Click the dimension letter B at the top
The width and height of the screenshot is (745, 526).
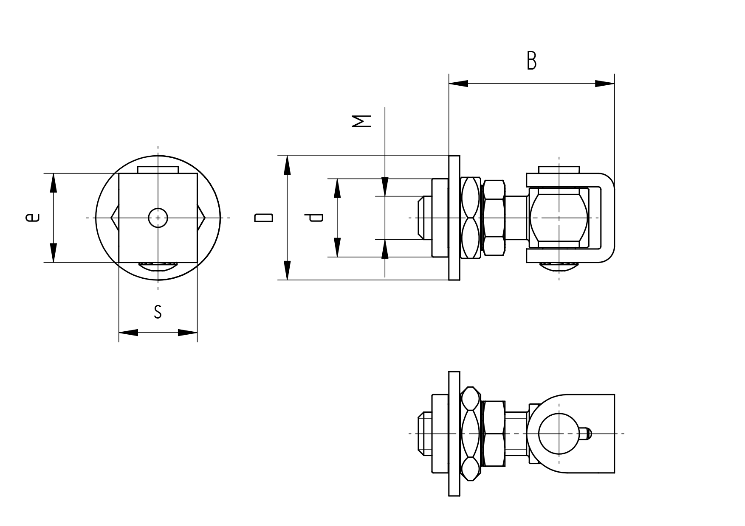531,61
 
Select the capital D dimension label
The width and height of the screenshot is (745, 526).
263,218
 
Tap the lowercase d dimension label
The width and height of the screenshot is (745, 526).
316,218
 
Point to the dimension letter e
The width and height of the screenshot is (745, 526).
32,218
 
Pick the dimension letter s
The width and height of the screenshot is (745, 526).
158,312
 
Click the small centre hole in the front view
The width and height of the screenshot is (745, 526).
158,218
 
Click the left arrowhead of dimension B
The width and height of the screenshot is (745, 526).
458,84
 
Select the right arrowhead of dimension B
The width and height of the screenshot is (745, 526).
605,84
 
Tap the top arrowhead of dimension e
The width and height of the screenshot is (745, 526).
54,183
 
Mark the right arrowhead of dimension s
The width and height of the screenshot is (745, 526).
188,333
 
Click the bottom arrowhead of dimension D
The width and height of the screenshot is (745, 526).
287,270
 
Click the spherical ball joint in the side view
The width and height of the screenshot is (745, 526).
559,218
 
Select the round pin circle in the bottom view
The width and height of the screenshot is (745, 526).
559,434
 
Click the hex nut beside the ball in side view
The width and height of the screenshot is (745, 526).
494,218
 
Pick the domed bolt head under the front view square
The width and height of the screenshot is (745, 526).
158,266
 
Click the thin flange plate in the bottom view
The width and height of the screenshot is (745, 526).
454,434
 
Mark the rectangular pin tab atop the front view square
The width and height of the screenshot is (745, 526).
158,170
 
